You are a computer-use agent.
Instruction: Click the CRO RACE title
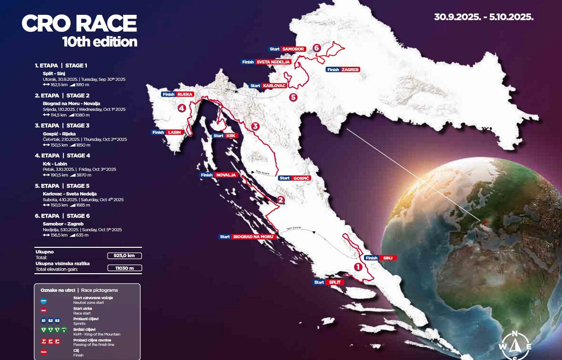tap(79, 24)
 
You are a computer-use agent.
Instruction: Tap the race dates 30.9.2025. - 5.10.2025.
tap(484, 17)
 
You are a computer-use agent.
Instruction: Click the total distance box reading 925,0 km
tap(124, 256)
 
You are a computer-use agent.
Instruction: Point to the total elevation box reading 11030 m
tap(124, 268)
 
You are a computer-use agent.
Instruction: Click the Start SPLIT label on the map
tap(328, 282)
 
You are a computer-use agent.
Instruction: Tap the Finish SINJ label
tap(380, 258)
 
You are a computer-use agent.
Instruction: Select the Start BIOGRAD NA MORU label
tap(247, 237)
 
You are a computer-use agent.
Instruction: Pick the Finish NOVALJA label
tap(219, 175)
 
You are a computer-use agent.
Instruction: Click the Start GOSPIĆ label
tap(294, 178)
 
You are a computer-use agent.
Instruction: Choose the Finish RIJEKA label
tap(177, 94)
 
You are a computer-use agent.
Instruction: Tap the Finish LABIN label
tap(167, 132)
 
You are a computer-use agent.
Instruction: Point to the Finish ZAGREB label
tap(342, 70)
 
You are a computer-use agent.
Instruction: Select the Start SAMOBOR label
tap(287, 49)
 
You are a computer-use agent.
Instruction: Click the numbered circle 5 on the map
tap(293, 97)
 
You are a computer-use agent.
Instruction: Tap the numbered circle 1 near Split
tap(358, 267)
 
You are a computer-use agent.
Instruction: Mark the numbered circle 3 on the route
tap(255, 126)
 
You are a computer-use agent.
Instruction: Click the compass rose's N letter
tap(515, 334)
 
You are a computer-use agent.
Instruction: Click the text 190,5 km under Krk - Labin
tap(59, 175)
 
